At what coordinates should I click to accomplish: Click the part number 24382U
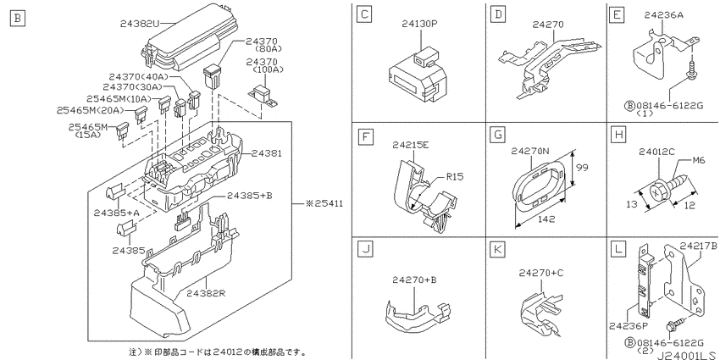140,23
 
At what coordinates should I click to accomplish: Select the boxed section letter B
18,19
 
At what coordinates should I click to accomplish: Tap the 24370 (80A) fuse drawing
212,77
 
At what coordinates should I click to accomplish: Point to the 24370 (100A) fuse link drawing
263,96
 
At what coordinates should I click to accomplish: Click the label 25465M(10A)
119,99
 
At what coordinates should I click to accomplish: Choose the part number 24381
267,153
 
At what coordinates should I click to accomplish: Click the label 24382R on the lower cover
206,294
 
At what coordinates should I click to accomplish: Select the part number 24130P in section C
419,24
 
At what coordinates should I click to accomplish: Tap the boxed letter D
498,15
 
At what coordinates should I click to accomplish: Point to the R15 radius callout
455,176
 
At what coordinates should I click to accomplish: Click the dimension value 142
546,219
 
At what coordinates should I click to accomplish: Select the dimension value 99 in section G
582,168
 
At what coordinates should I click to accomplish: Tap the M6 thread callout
699,161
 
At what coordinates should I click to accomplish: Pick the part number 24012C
656,152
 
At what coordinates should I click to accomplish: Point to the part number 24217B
699,246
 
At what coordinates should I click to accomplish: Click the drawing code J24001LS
688,356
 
